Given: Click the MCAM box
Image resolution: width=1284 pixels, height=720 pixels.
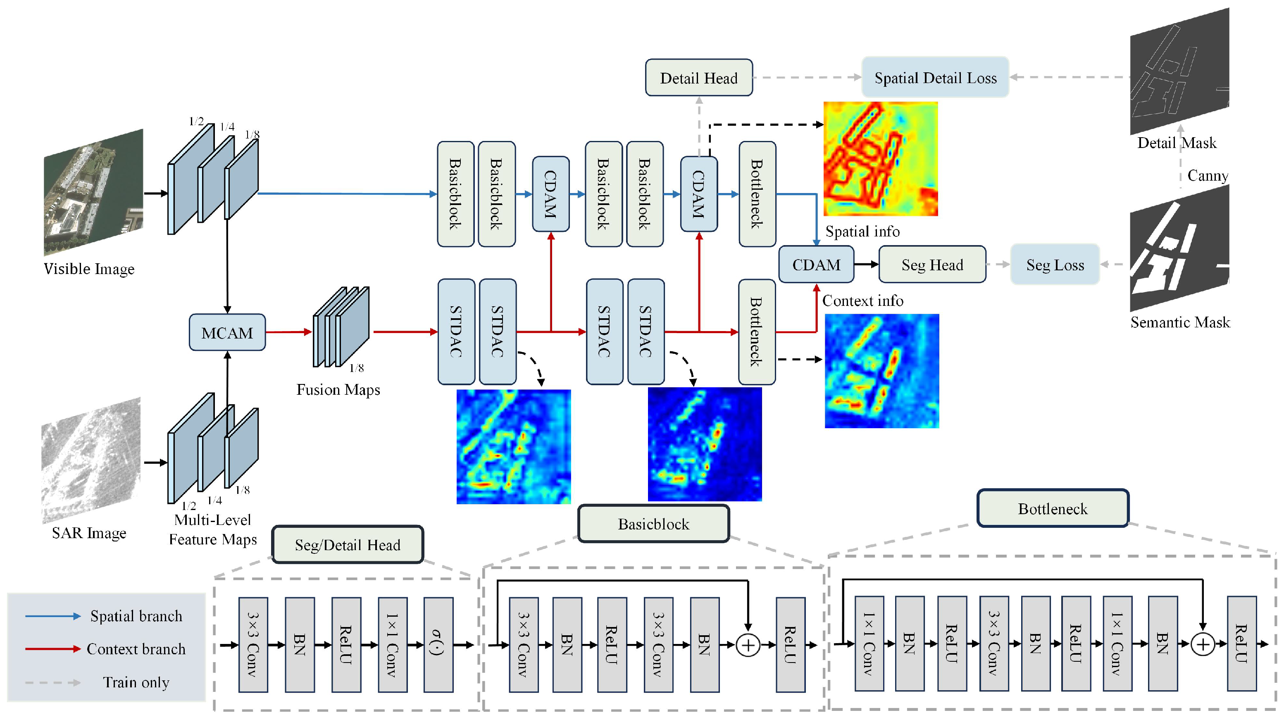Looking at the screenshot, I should pyautogui.click(x=227, y=333).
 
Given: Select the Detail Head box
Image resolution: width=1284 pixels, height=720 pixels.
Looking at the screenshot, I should pyautogui.click(x=698, y=78).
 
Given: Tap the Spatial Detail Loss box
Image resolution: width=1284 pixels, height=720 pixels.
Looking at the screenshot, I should pyautogui.click(x=935, y=78).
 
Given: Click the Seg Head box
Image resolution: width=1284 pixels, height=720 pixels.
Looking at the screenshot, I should pyautogui.click(x=931, y=265).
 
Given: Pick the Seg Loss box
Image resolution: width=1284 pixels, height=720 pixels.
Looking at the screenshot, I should pyautogui.click(x=1055, y=265).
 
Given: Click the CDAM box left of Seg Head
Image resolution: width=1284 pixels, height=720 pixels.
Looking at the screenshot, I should pyautogui.click(x=816, y=265).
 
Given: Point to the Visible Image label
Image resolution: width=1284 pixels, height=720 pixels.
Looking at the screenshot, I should pyautogui.click(x=89, y=269).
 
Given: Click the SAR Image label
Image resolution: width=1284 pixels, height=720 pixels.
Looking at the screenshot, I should pyautogui.click(x=89, y=533).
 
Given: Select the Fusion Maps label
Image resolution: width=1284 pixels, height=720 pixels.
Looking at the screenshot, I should pyautogui.click(x=338, y=389).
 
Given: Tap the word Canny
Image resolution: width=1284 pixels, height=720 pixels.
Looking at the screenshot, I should pyautogui.click(x=1207, y=176).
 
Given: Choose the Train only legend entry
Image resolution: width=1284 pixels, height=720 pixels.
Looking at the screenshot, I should pyautogui.click(x=136, y=682).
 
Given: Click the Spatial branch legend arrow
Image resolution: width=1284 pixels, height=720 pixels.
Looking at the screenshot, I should pyautogui.click(x=53, y=616).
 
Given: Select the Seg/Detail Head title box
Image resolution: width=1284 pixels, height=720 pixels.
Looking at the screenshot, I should pyautogui.click(x=348, y=544).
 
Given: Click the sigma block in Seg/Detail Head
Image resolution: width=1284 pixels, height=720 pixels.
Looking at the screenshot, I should pyautogui.click(x=438, y=645).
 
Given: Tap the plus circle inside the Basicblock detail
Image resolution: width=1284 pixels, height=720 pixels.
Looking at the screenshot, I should pyautogui.click(x=748, y=645).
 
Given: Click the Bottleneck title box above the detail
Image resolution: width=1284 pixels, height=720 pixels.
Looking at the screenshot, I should pyautogui.click(x=1052, y=508).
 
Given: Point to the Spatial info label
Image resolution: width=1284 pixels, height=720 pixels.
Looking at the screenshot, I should pyautogui.click(x=862, y=231).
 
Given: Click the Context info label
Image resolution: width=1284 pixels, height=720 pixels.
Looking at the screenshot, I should pyautogui.click(x=862, y=300).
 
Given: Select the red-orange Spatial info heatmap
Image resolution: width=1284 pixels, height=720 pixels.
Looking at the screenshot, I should pyautogui.click(x=880, y=159).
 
